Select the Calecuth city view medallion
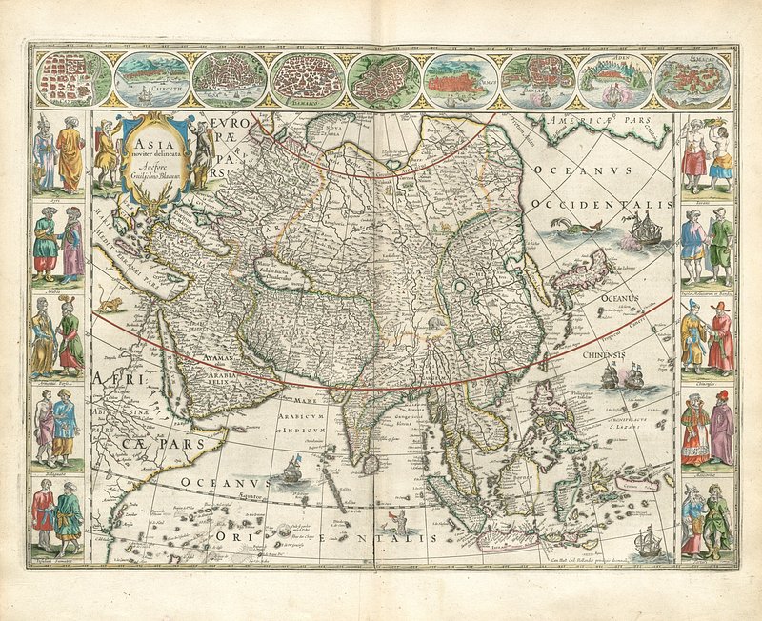[151, 79]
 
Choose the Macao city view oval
[692, 79]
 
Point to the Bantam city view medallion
[538, 79]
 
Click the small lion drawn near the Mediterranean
[113, 304]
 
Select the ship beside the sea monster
[647, 229]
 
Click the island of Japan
[583, 271]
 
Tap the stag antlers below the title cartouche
[151, 195]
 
